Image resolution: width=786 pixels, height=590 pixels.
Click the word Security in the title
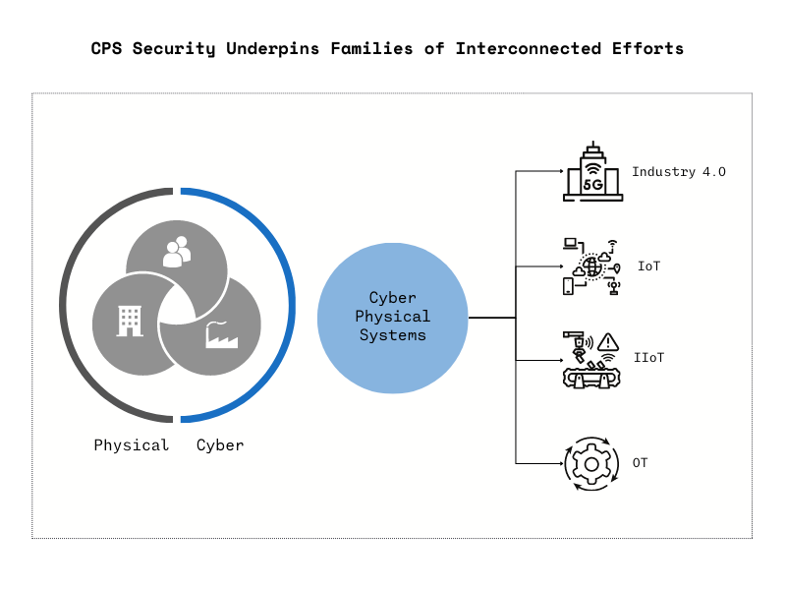pyautogui.click(x=174, y=48)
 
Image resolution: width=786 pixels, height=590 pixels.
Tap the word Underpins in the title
pyautogui.click(x=273, y=48)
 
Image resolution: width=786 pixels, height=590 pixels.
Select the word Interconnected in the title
pyautogui.click(x=529, y=48)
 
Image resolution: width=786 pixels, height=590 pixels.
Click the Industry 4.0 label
pyautogui.click(x=679, y=171)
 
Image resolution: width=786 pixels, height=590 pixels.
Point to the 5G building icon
pyautogui.click(x=593, y=171)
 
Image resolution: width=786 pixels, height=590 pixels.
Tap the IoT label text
pyautogui.click(x=648, y=265)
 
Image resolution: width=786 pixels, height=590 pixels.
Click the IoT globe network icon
pyautogui.click(x=591, y=266)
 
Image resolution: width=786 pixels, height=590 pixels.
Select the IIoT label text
pyautogui.click(x=648, y=357)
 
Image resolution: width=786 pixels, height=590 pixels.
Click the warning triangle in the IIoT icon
pyautogui.click(x=608, y=342)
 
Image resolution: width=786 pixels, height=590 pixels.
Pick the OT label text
pyautogui.click(x=641, y=462)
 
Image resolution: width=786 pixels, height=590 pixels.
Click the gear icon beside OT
pyautogui.click(x=591, y=463)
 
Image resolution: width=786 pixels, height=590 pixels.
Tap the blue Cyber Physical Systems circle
pyautogui.click(x=392, y=318)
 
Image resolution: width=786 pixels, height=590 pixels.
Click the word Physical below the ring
pyautogui.click(x=132, y=445)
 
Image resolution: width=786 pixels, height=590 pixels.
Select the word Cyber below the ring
pyautogui.click(x=220, y=445)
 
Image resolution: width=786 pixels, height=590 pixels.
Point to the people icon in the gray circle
pyautogui.click(x=177, y=252)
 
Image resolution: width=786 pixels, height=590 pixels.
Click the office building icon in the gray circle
pyautogui.click(x=130, y=322)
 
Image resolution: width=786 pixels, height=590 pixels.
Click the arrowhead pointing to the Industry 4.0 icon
pyautogui.click(x=561, y=171)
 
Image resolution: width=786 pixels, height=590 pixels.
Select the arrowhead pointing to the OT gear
pyautogui.click(x=561, y=463)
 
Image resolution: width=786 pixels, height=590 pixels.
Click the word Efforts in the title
pyautogui.click(x=647, y=48)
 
